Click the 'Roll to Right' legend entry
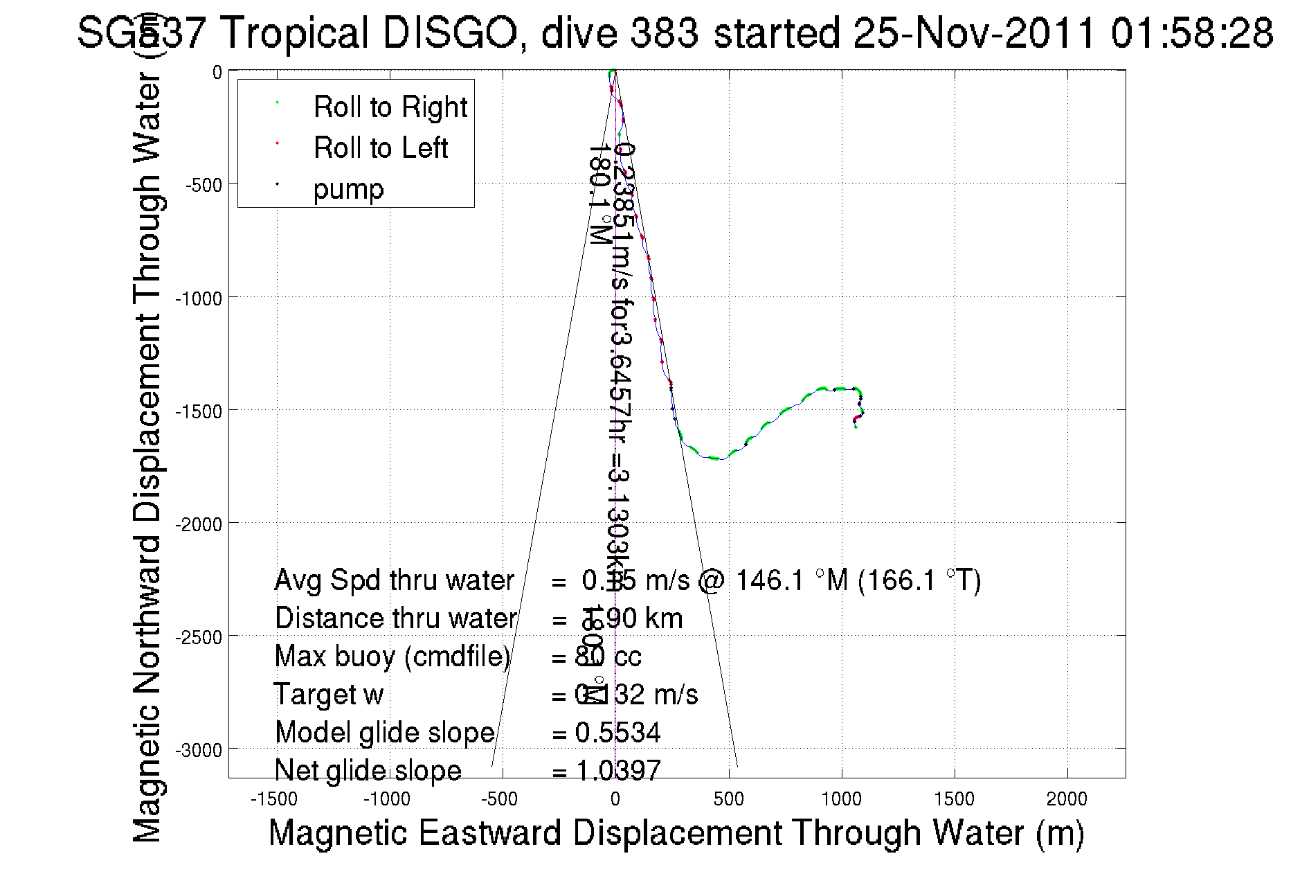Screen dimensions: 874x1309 [x=390, y=107]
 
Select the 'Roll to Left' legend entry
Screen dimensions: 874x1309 [x=380, y=148]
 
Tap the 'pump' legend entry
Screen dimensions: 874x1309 [x=348, y=189]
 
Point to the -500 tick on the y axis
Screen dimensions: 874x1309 [x=204, y=185]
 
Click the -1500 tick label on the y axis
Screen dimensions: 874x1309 [x=199, y=411]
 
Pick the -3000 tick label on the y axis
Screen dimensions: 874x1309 [x=199, y=751]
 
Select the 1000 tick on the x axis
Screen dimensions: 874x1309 [x=841, y=799]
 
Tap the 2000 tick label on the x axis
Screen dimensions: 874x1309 [x=1067, y=799]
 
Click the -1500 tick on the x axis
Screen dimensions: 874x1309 [x=274, y=799]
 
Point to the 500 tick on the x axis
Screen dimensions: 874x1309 [x=728, y=799]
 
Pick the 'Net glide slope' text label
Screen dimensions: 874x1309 [x=368, y=770]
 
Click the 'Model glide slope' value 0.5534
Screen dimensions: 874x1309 [x=617, y=733]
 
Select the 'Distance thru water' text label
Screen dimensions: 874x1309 [x=395, y=618]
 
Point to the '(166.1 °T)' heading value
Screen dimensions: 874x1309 [x=919, y=580]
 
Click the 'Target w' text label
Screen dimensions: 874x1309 [x=328, y=695]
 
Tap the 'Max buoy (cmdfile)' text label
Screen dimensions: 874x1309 [x=392, y=657]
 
